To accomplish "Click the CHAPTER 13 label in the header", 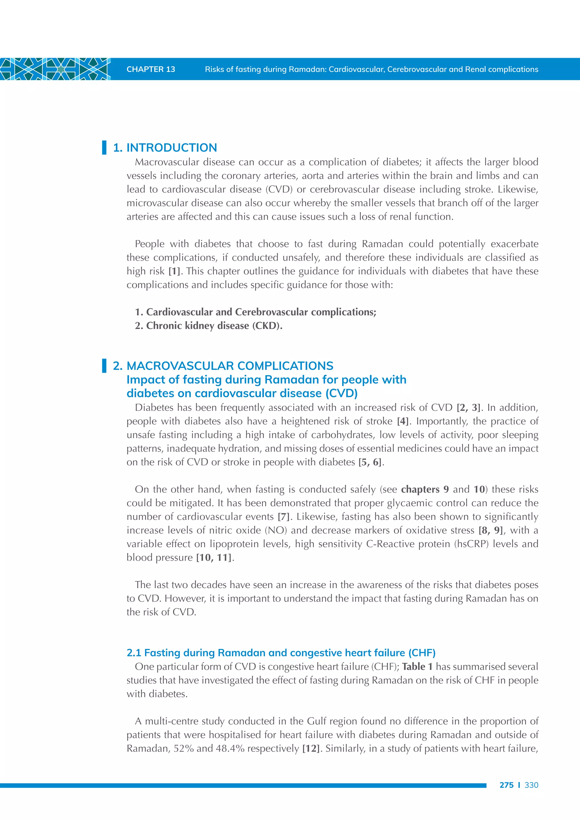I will (x=151, y=69).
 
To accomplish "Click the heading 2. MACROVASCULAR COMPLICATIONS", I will (x=223, y=366).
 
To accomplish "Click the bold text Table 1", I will (x=417, y=667).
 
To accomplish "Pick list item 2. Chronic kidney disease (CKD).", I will (x=208, y=326).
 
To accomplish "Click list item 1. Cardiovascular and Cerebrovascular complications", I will (x=255, y=312).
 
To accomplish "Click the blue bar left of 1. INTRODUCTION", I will (x=104, y=148).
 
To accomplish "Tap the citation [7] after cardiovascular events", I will (x=283, y=517).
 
